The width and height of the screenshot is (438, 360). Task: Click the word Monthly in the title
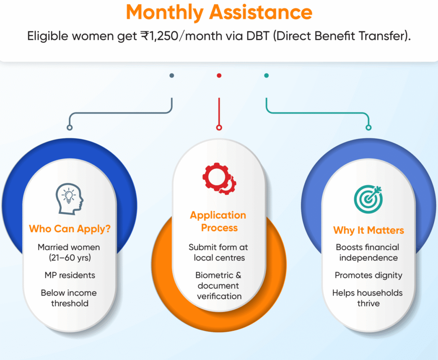[165, 13]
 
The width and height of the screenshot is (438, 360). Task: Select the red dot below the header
[219, 75]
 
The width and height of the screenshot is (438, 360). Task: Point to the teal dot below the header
[266, 75]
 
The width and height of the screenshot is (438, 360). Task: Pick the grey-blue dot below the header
[172, 75]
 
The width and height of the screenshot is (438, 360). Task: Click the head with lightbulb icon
[70, 199]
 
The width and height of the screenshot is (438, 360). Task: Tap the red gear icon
[219, 178]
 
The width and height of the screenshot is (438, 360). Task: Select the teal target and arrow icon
[368, 199]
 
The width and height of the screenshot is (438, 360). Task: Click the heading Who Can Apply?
[70, 229]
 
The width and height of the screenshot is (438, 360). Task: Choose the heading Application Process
[219, 221]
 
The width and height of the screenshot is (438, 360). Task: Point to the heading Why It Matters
[368, 230]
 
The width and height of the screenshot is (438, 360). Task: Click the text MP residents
[70, 275]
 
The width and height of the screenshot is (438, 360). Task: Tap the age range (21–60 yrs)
[70, 257]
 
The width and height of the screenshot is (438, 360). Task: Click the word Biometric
[214, 275]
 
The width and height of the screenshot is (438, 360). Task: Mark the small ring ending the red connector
[219, 128]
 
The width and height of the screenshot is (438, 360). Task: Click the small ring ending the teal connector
[368, 128]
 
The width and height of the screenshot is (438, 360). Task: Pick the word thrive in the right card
[368, 304]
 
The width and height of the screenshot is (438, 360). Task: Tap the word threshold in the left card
[70, 304]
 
